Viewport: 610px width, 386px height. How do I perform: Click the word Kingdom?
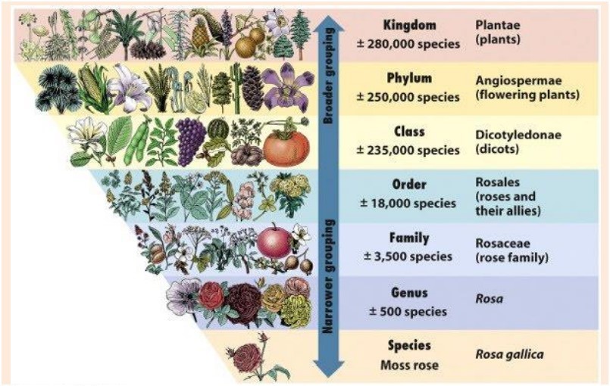point(410,25)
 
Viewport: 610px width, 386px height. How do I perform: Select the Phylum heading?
point(409,78)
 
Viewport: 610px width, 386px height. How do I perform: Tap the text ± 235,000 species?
point(408,150)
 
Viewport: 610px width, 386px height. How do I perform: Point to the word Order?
point(409,184)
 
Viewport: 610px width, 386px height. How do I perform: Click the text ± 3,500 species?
point(408,257)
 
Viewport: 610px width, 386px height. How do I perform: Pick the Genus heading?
point(409,292)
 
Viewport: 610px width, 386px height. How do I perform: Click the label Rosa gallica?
point(510,354)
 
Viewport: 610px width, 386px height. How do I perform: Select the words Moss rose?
point(409,366)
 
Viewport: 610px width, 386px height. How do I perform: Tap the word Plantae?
point(498,25)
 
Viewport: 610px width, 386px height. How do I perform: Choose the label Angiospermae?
point(518,80)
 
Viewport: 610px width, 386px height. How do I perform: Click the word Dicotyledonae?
point(518,135)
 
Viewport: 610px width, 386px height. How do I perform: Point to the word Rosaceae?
point(502,244)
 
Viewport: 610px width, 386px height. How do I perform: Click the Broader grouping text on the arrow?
point(329,76)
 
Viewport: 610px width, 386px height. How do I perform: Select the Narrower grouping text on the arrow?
point(329,276)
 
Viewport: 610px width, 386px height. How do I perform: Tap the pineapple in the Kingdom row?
point(200,36)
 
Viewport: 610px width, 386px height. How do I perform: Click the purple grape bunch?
point(190,141)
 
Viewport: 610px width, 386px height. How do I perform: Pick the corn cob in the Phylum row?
point(91,88)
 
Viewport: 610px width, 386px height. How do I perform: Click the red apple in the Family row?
point(274,241)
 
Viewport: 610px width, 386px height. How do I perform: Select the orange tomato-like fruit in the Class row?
point(286,147)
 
